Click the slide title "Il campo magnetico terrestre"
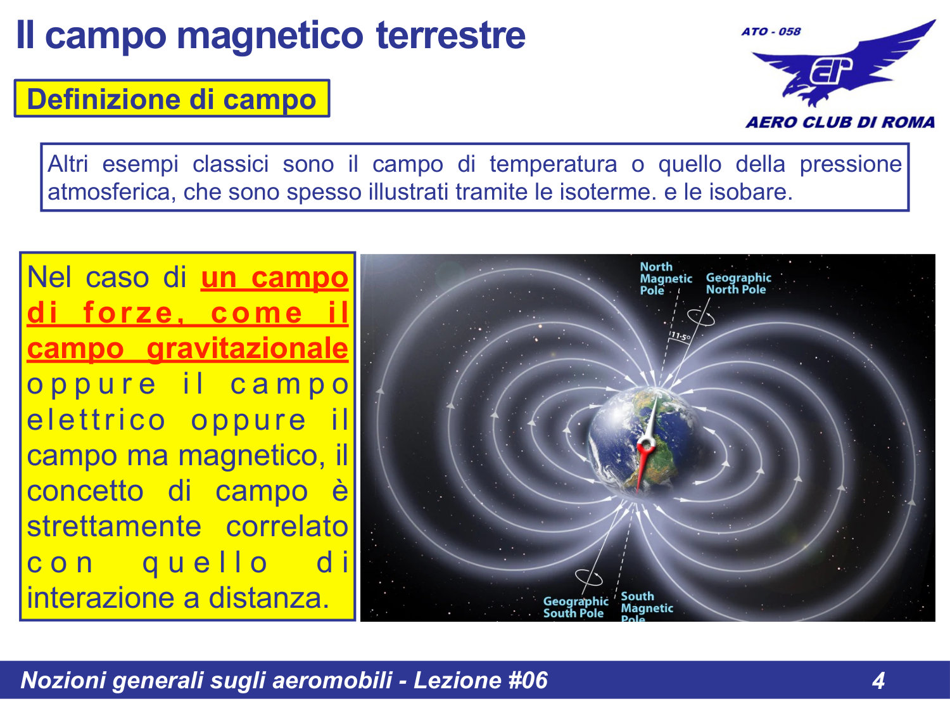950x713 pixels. tap(270, 35)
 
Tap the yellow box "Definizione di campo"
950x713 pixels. tap(172, 99)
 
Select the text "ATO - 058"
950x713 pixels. tap(771, 32)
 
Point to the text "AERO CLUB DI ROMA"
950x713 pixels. tap(840, 122)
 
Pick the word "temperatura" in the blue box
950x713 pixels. tap(553, 164)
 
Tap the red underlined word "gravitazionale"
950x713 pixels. tap(247, 349)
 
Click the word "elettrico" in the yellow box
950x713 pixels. tap(96, 420)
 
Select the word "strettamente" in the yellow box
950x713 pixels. tap(114, 527)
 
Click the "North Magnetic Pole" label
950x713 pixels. tap(664, 278)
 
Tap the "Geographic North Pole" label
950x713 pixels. tap(738, 283)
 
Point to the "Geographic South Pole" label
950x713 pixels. tap(575, 607)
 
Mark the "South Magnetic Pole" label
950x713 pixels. tap(645, 607)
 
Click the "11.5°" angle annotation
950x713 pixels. tap(680, 336)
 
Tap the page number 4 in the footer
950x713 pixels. tap(878, 681)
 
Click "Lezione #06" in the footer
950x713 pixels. tap(480, 681)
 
